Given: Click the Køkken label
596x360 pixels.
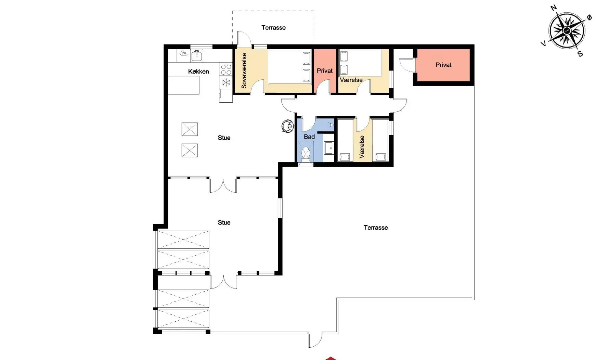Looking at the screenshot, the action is click(198, 72).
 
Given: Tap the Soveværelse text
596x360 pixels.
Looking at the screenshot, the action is click(244, 71).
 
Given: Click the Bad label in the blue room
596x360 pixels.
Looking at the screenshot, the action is click(309, 137).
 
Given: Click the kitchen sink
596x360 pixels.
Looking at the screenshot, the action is click(197, 55).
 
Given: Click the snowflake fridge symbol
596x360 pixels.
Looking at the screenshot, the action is click(226, 82).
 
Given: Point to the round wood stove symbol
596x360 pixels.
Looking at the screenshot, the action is click(288, 126).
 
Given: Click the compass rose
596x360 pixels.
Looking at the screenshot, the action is click(567, 30).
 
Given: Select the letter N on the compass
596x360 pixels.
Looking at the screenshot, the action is click(554, 8).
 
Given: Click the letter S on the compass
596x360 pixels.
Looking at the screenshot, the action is click(580, 54).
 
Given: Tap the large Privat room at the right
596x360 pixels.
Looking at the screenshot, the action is click(443, 65).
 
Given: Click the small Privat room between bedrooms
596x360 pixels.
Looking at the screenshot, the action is click(325, 71).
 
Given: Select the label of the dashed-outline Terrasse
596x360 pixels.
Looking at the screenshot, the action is click(273, 28).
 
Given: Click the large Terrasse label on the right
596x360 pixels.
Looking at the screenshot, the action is click(376, 228).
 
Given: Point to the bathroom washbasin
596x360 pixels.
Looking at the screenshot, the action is click(329, 148).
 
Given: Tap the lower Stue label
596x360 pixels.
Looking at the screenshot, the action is click(224, 222).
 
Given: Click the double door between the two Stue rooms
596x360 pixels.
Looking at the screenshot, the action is click(223, 185).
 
